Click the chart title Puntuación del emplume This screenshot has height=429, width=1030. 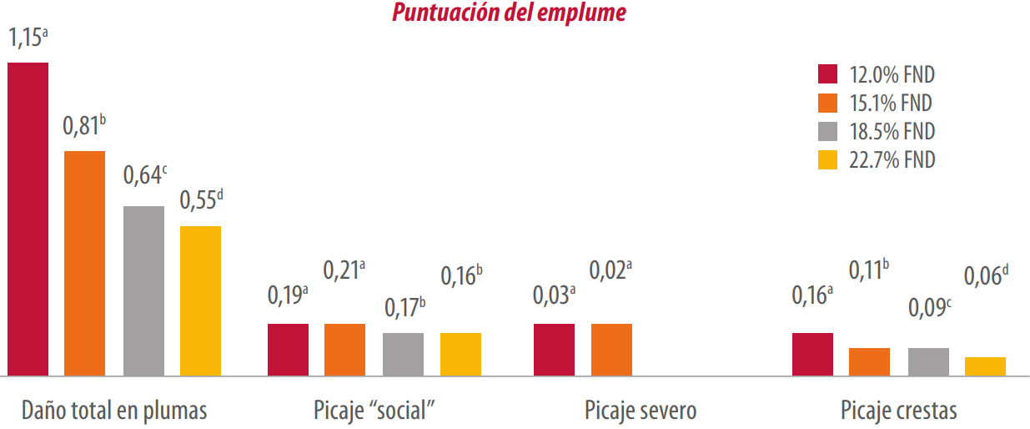point(509,13)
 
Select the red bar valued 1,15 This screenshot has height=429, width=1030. point(28,219)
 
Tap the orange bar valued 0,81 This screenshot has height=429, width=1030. point(85,263)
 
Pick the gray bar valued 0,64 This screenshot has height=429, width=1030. point(143,290)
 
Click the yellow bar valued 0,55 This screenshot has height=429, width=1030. point(201,300)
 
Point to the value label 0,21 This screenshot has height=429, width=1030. point(344,270)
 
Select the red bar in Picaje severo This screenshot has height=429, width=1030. point(554,350)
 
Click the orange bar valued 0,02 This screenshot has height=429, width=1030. point(611,350)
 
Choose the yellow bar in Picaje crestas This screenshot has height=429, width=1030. point(985,366)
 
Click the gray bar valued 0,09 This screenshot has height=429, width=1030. point(928,361)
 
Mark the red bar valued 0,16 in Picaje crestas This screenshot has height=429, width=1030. point(812,354)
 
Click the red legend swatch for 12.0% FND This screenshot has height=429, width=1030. point(827,74)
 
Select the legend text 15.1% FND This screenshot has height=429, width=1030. point(892,103)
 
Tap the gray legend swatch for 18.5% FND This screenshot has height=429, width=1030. point(827,131)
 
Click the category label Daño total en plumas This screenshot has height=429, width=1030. point(114,411)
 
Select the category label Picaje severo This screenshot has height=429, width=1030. point(641,411)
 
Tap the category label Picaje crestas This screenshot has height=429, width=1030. point(899,411)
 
